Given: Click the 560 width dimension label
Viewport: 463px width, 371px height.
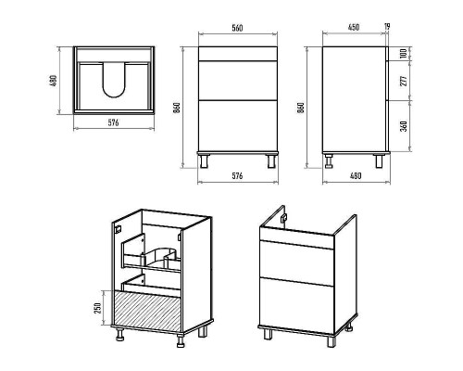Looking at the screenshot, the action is pyautogui.click(x=237, y=28).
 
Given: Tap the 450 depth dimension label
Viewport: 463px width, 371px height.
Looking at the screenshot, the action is pyautogui.click(x=354, y=27).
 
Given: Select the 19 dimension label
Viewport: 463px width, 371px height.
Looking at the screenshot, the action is pyautogui.click(x=387, y=27).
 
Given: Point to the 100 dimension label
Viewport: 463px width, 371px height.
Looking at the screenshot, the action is pyautogui.click(x=403, y=53).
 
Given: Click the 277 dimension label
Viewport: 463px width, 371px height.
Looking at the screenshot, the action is pyautogui.click(x=404, y=80).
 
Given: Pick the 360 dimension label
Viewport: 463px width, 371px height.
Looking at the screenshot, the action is pyautogui.click(x=404, y=126).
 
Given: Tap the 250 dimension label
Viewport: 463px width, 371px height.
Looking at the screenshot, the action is pyautogui.click(x=97, y=308).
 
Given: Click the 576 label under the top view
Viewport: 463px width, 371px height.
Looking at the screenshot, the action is pyautogui.click(x=113, y=122).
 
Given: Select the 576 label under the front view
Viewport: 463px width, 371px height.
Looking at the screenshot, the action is pyautogui.click(x=237, y=176).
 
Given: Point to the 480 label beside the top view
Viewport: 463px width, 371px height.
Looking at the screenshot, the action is pyautogui.click(x=54, y=81).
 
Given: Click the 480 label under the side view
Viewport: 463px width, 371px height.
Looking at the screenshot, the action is pyautogui.click(x=356, y=176).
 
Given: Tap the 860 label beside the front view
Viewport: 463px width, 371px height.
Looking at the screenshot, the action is pyautogui.click(x=177, y=108).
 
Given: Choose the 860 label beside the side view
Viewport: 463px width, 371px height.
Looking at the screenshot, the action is pyautogui.click(x=301, y=108).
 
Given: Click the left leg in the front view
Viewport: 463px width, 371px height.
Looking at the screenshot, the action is pyautogui.click(x=204, y=160).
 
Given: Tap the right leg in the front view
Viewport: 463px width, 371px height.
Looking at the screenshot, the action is pyautogui.click(x=271, y=160).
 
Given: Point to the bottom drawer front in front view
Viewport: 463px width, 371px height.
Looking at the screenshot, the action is pyautogui.click(x=238, y=126).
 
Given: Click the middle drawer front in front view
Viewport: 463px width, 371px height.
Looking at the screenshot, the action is pyautogui.click(x=238, y=81).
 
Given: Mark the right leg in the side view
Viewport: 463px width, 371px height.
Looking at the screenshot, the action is pyautogui.click(x=379, y=160).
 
